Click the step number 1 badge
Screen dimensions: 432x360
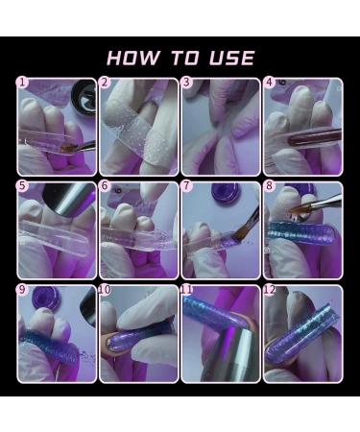22,84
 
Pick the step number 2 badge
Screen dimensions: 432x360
105,84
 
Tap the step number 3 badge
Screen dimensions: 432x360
187,84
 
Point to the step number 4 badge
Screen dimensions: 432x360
270,84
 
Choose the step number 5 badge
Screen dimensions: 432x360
22,186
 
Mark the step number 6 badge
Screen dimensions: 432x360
105,186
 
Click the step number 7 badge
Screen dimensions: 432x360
187,186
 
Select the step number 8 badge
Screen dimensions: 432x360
270,186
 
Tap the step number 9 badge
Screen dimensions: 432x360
22,289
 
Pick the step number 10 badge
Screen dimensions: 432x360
105,289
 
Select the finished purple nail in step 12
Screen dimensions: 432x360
307,331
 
